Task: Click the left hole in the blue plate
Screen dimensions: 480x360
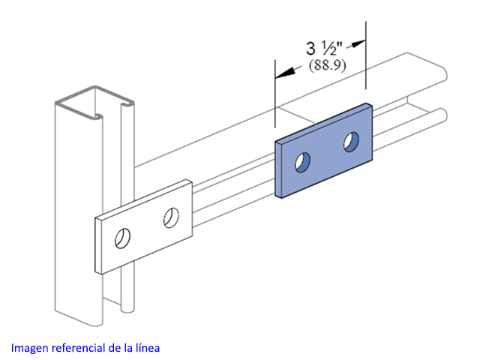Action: (x=302, y=162)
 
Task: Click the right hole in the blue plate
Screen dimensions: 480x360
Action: (x=351, y=142)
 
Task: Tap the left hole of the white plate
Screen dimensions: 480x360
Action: (x=122, y=238)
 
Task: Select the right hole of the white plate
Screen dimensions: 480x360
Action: (x=171, y=218)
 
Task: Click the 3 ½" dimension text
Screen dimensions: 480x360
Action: (x=324, y=48)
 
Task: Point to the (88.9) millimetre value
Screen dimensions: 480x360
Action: (x=327, y=65)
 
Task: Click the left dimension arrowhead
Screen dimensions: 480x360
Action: (x=285, y=73)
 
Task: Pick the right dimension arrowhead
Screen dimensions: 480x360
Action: (x=358, y=43)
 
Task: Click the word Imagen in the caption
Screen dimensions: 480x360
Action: (x=30, y=348)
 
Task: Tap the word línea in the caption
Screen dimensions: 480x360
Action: (x=148, y=348)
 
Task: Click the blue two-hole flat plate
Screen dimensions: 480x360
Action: (x=323, y=151)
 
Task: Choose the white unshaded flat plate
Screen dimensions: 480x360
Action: (x=143, y=226)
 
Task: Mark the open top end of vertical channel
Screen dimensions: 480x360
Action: (x=94, y=102)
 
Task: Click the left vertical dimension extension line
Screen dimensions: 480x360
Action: (x=275, y=93)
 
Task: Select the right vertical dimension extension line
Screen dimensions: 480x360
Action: (x=366, y=55)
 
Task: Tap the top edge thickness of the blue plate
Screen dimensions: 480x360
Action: (x=324, y=122)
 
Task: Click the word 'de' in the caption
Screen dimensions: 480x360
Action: (x=114, y=348)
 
